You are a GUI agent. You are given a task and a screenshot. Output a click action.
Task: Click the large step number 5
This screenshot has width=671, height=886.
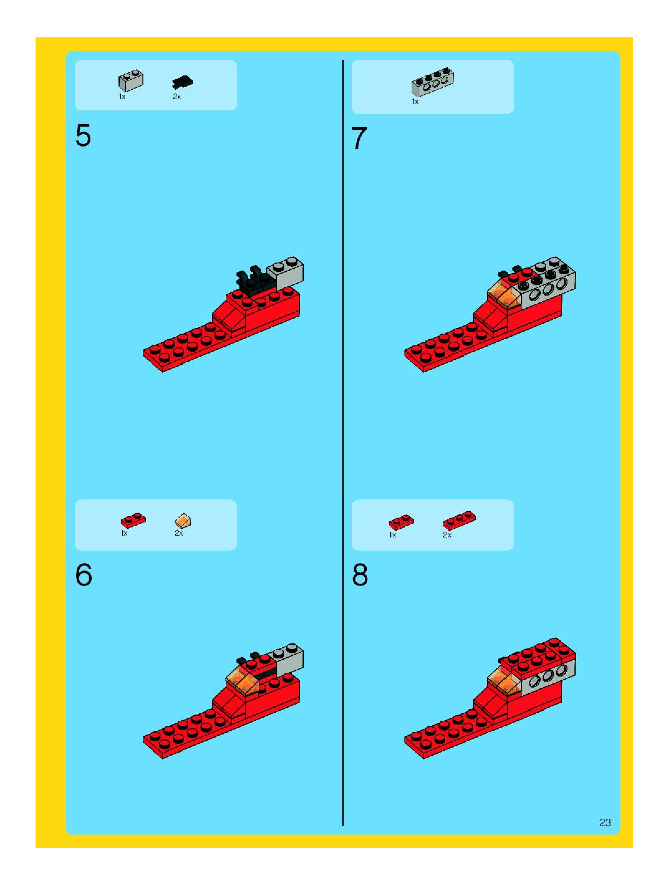tap(83, 136)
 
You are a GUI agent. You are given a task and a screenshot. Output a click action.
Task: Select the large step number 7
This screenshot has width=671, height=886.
tap(359, 138)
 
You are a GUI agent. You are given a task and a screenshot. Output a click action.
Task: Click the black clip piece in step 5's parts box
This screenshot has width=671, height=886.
tap(182, 82)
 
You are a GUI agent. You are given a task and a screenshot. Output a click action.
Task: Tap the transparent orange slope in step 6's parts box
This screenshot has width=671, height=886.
tap(183, 520)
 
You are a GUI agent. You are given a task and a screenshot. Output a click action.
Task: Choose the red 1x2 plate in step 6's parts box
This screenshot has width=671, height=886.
tap(133, 520)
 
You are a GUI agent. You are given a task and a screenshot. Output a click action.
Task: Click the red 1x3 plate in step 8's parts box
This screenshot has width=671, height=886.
tap(459, 520)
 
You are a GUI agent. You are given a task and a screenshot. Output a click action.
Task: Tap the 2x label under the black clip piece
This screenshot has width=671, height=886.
tap(177, 97)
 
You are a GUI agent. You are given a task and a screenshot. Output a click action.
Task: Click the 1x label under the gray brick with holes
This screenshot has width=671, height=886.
tap(415, 102)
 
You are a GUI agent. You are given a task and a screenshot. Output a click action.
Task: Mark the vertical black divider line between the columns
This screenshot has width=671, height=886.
tap(343, 443)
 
